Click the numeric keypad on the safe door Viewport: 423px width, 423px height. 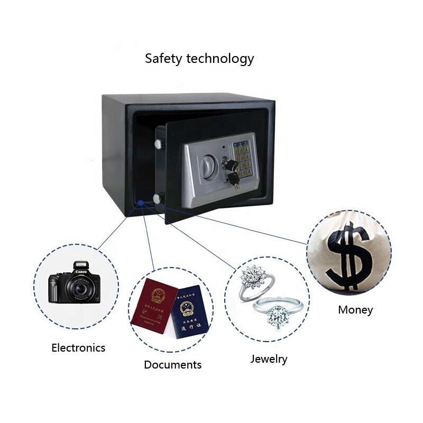243,157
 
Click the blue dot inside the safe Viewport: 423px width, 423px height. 141,202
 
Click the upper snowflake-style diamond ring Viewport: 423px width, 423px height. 255,279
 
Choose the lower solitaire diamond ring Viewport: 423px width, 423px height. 277,312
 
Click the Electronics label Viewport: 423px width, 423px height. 78,347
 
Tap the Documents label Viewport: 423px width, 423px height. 172,364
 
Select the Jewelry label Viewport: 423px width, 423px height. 269,359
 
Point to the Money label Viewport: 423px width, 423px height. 355,310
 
